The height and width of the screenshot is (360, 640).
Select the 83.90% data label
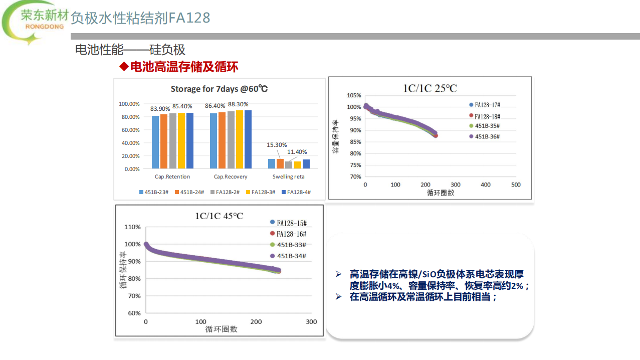tap(160, 108)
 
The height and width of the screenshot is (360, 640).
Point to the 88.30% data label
tap(238, 104)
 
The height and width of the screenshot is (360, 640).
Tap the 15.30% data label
tap(277, 144)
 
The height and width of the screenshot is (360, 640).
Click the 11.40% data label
tap(297, 152)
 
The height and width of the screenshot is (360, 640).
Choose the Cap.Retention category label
tap(172, 176)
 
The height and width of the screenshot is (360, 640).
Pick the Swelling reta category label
tap(288, 176)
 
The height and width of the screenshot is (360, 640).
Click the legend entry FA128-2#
tap(229, 192)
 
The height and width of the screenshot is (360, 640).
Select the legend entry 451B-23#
tap(156, 192)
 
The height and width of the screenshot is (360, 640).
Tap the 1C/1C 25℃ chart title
tap(430, 88)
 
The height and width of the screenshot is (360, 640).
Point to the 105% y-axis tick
tap(354, 95)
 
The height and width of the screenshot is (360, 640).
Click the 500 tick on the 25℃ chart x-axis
tap(516, 185)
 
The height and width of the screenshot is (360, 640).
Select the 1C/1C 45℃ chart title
tap(219, 216)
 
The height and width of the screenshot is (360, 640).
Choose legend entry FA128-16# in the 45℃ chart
tap(291, 234)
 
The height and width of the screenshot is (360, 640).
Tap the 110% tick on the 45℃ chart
tap(132, 227)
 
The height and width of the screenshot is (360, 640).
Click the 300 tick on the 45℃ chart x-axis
tap(311, 321)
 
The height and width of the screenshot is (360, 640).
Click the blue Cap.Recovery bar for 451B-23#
tap(214, 141)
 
